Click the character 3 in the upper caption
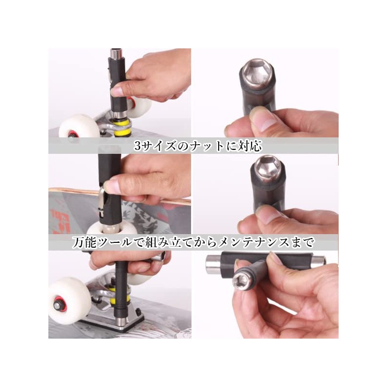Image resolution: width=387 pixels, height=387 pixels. click(x=138, y=146)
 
